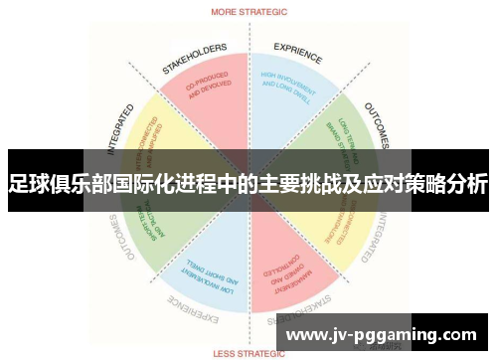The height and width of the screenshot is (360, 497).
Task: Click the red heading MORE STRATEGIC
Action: click(248, 12)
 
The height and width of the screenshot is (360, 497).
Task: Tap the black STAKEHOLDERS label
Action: click(194, 58)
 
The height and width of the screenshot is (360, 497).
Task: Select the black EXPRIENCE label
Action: click(298, 54)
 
